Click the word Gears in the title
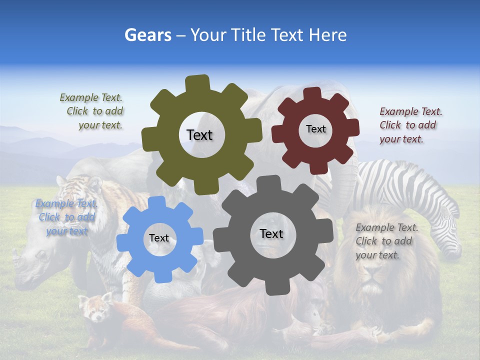(147, 35)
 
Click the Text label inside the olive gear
(199, 135)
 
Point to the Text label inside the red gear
(315, 129)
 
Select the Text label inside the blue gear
(159, 238)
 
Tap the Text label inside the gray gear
(271, 233)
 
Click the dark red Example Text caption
(410, 125)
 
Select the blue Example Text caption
(66, 217)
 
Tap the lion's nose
(370, 288)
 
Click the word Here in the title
(327, 35)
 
